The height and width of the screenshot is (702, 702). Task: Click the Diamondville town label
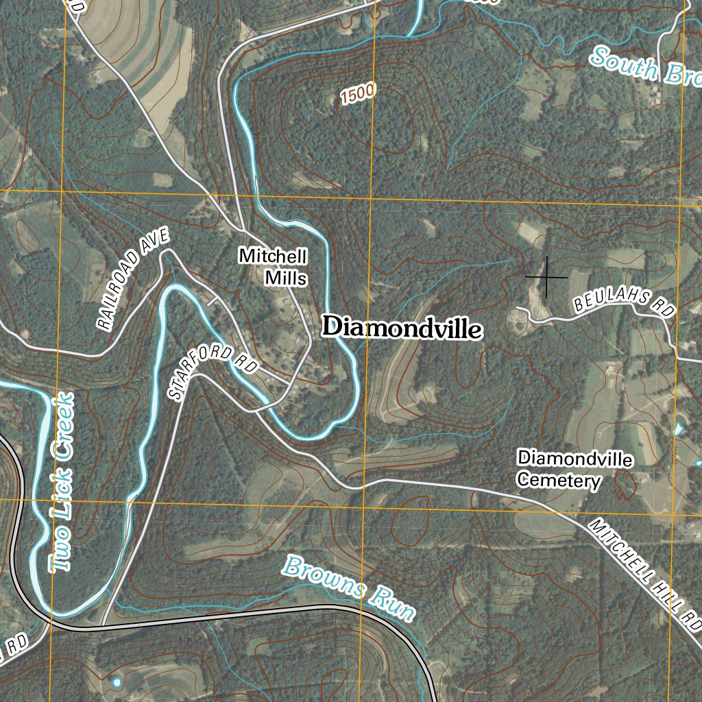click(402, 328)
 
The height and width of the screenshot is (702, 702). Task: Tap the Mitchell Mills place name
click(273, 267)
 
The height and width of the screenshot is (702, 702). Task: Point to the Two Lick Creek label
click(62, 483)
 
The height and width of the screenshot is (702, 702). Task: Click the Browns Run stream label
click(349, 588)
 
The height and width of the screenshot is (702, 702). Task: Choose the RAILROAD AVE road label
click(132, 280)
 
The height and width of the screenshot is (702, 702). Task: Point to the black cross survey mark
click(546, 277)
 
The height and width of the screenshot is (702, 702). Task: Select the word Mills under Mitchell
click(286, 278)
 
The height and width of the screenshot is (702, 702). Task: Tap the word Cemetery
click(558, 481)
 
